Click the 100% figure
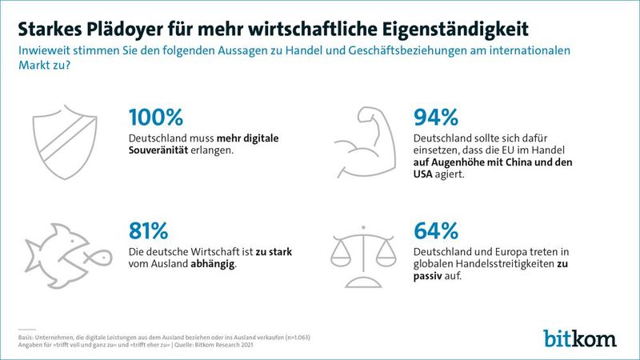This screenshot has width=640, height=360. (156, 118)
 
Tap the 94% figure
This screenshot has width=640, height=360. (436, 118)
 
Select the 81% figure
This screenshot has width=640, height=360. (149, 231)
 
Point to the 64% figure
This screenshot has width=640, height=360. (436, 231)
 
